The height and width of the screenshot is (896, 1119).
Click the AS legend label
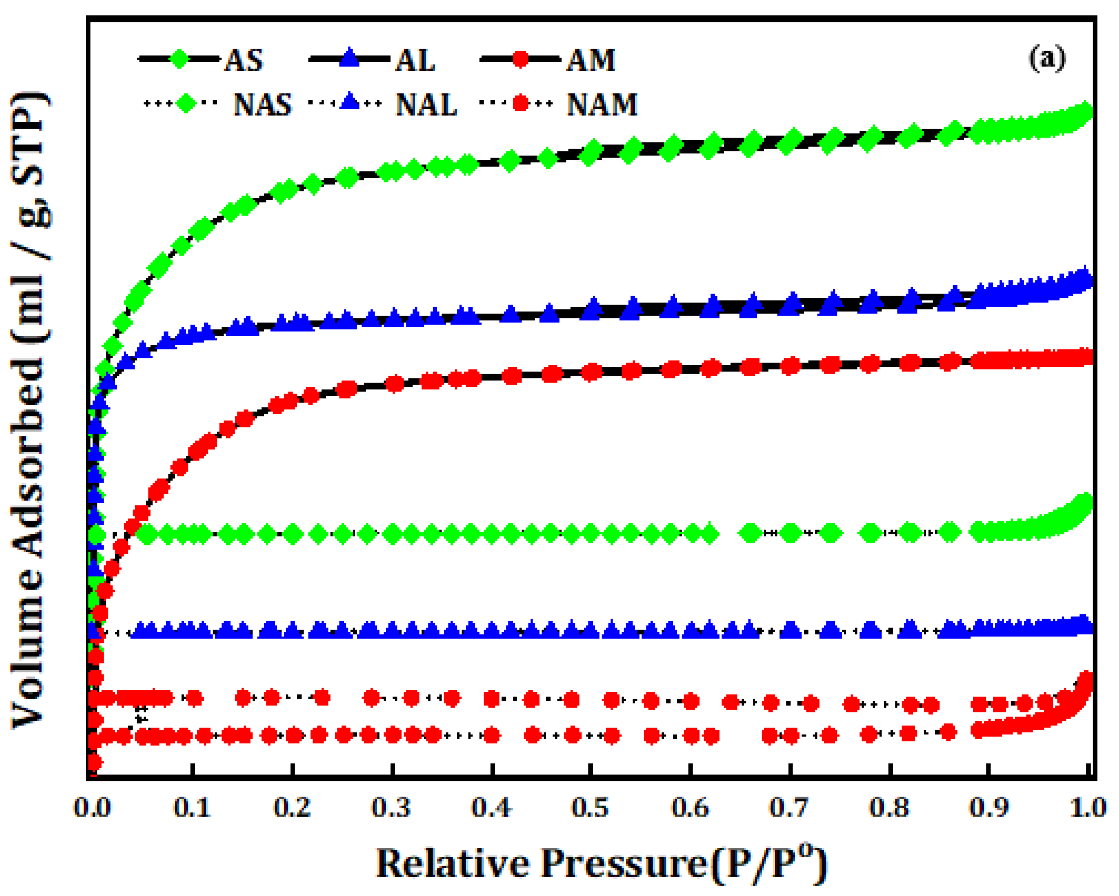tap(243, 60)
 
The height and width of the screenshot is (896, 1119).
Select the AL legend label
tap(415, 60)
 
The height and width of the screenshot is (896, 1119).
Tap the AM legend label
tap(591, 60)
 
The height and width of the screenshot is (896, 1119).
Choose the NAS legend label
tap(263, 104)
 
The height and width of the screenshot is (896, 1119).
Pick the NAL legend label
tap(426, 104)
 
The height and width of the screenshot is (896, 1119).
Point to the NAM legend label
tap(602, 104)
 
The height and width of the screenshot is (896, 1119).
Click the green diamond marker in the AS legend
tap(179, 59)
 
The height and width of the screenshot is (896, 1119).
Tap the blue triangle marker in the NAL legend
tap(350, 101)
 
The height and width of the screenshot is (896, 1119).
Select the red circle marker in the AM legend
tap(520, 59)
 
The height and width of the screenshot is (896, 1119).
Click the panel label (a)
tap(1047, 58)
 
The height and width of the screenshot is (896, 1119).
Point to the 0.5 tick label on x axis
tap(591, 808)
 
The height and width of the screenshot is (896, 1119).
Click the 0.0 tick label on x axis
tap(92, 808)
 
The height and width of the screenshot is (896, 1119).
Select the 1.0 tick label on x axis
tap(1088, 808)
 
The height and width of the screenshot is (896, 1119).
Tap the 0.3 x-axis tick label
tap(391, 808)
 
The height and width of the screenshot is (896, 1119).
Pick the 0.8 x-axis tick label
tap(889, 808)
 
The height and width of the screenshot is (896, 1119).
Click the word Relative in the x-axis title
tap(451, 864)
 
